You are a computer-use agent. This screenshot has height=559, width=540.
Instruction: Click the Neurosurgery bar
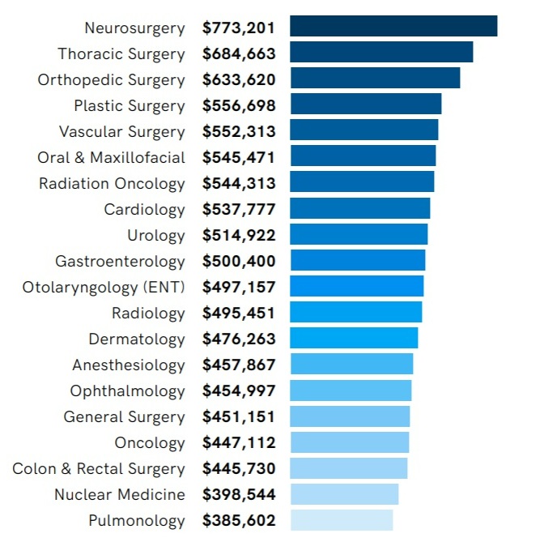(393, 27)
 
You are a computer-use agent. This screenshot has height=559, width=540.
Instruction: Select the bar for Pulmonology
(342, 520)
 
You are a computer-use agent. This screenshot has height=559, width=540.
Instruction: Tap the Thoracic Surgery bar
(381, 53)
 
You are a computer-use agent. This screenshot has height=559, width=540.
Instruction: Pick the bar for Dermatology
(354, 339)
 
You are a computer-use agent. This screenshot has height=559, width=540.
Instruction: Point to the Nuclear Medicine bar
(344, 494)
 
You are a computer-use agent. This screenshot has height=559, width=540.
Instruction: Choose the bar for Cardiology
(360, 209)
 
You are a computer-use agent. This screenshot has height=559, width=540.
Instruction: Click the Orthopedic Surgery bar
(375, 79)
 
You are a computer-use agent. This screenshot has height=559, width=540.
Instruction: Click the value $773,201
(239, 28)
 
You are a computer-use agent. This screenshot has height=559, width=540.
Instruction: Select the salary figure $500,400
(239, 262)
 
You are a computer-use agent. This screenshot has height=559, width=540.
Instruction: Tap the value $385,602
(239, 521)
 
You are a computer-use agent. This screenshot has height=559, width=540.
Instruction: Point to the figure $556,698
(239, 106)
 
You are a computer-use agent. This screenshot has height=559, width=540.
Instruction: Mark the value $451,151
(239, 417)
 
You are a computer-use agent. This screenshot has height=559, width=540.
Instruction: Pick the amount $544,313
(239, 184)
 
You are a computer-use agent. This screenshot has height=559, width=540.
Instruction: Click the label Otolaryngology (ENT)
(104, 288)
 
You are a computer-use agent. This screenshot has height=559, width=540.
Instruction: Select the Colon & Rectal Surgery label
(99, 469)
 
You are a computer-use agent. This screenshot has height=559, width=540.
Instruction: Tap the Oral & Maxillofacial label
(111, 158)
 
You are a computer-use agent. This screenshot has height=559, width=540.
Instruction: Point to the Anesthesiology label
(129, 365)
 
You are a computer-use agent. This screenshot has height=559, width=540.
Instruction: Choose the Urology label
(156, 236)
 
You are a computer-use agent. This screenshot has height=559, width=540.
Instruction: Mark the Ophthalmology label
(128, 391)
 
